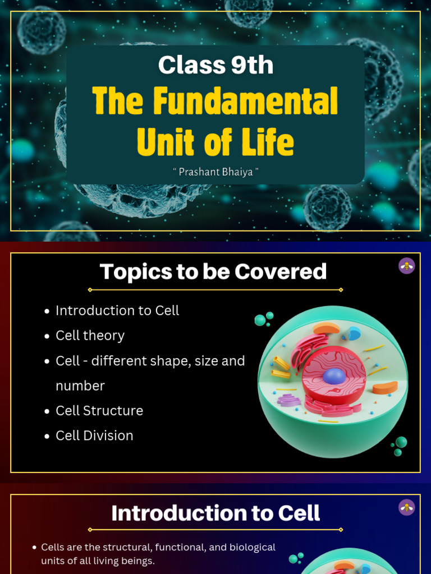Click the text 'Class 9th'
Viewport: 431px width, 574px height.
coord(215,66)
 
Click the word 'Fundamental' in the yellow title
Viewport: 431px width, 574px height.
coord(246,102)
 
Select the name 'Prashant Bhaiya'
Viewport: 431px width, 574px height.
coord(215,171)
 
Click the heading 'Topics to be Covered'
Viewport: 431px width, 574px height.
coord(213,272)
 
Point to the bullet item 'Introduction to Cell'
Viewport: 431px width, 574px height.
coord(117,311)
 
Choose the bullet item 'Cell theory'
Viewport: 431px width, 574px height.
coord(90,335)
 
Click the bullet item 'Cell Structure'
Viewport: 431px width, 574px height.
coord(99,410)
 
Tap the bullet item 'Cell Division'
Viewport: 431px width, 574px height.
coord(94,436)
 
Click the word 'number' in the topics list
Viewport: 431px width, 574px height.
coord(80,386)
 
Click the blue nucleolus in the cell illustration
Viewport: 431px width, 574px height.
coord(334,376)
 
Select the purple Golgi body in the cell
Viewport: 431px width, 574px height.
coord(289,400)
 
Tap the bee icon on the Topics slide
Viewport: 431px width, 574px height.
coord(407,266)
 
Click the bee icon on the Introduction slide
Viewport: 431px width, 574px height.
coord(407,507)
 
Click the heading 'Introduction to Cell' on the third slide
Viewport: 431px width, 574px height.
coord(215,513)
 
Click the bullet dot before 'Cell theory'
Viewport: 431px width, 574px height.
coord(47,336)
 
